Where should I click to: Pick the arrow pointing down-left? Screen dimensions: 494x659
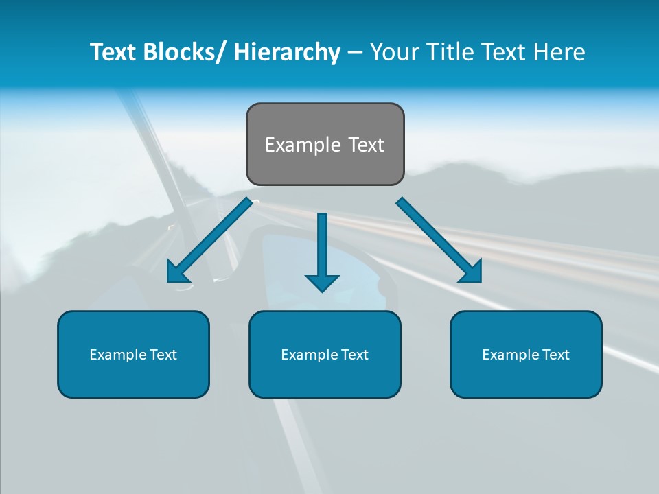(209, 240)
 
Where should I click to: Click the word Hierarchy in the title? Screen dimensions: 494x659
(286, 52)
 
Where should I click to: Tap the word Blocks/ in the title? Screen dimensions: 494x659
(185, 52)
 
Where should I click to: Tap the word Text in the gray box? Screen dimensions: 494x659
(366, 145)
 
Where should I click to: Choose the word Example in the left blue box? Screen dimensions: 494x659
(115, 355)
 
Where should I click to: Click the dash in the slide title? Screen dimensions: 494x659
(355, 52)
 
